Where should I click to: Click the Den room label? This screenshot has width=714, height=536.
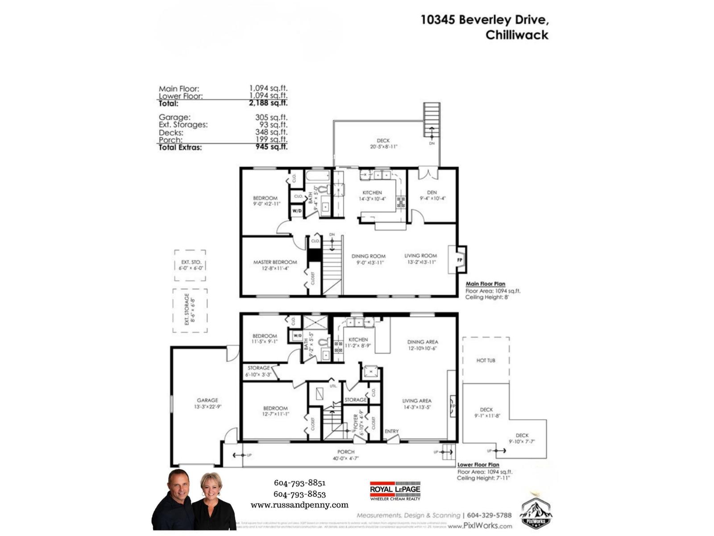tap(432, 193)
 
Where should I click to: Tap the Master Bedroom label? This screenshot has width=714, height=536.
tap(275, 262)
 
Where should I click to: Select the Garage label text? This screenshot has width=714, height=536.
tap(208, 400)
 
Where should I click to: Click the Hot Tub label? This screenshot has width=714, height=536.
tap(486, 360)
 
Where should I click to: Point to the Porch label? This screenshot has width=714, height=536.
tap(346, 452)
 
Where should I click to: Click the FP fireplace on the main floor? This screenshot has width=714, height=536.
tap(460, 260)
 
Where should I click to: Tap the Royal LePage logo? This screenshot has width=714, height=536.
tap(395, 490)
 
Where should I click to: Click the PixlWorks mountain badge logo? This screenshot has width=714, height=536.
tap(535, 514)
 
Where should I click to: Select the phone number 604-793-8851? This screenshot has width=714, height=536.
tap(299, 483)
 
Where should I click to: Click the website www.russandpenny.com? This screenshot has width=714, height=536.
tap(299, 505)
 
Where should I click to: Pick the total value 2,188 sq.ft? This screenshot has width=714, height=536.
tap(268, 103)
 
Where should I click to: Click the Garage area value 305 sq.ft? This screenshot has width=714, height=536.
tap(271, 117)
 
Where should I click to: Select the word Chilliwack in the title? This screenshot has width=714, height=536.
tap(517, 35)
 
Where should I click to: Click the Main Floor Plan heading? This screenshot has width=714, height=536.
tap(486, 284)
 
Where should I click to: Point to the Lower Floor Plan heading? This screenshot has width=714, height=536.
tap(478, 465)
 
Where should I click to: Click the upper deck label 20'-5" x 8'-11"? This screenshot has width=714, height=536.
tap(383, 147)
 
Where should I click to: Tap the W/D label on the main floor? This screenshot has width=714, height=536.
tap(297, 210)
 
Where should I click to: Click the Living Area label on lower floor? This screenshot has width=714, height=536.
tap(416, 401)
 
